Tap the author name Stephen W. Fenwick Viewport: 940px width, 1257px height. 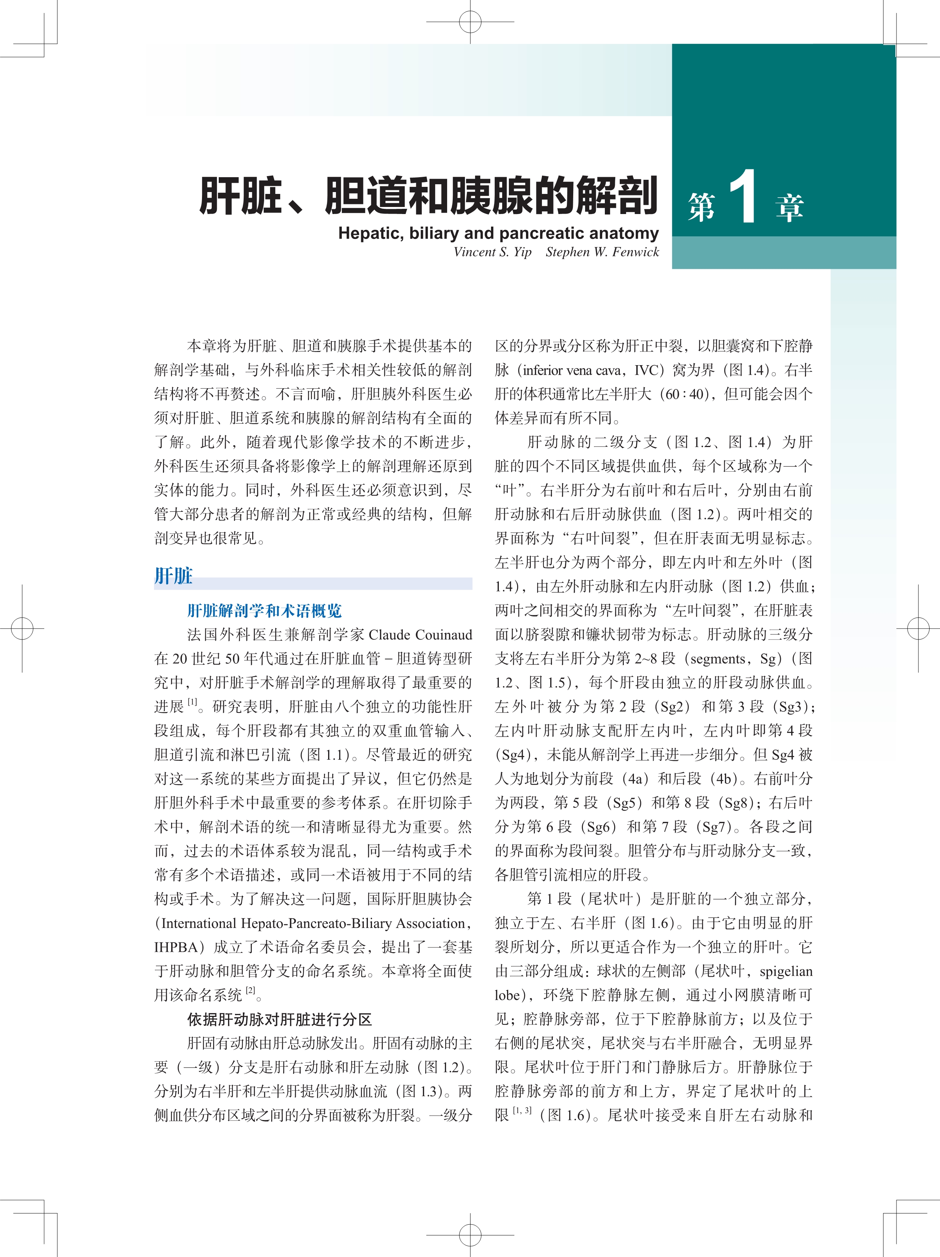coord(602,252)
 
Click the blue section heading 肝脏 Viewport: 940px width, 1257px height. coord(174,576)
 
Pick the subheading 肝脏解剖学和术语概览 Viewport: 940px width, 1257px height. coord(265,611)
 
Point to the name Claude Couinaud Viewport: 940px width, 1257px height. coord(420,635)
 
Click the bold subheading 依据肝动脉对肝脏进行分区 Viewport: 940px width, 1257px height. coord(279,1020)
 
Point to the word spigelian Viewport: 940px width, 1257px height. coord(786,972)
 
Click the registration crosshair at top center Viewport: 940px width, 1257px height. coord(470,22)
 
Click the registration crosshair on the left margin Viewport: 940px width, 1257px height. coord(22,628)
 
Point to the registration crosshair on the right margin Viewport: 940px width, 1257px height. coord(918,628)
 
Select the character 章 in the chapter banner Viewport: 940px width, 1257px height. coord(789,207)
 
